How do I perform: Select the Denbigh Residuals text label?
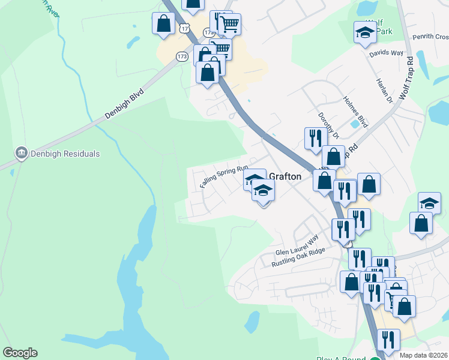coord(63,154)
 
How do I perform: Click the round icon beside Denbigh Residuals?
coord(22,154)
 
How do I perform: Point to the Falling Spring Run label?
coord(224,177)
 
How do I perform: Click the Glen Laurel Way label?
coord(296,247)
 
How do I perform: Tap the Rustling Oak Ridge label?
coord(298,257)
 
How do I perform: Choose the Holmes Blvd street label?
coord(355,110)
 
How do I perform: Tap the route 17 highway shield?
coord(185,28)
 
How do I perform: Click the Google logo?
coord(20,353)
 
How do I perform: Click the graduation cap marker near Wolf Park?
coord(364,33)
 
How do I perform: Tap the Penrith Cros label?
coord(430,37)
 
